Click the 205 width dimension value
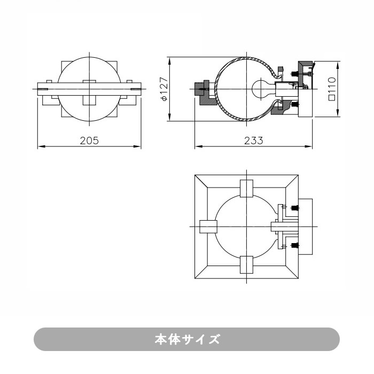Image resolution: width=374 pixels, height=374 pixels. coord(89,141)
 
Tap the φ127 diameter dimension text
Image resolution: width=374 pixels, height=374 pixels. coord(164,89)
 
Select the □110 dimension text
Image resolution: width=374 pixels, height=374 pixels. coord(332,89)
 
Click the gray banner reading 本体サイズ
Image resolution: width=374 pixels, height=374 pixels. coord(187,339)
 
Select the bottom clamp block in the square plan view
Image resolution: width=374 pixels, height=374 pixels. coord(246,264)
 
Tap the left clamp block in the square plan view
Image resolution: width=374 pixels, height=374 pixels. coord(208,227)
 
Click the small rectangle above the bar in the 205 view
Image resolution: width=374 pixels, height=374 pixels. coord(89,82)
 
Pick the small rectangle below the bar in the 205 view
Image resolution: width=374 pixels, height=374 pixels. coord(89,99)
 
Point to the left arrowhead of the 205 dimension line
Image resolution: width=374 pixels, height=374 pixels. coord(38,146)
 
